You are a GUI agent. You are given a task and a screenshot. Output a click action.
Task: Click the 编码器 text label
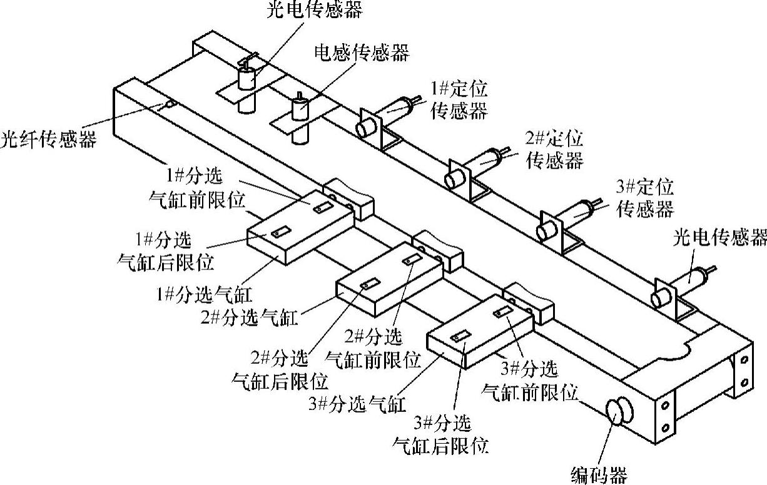[599, 475]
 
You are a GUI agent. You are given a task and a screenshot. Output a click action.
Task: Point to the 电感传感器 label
[361, 53]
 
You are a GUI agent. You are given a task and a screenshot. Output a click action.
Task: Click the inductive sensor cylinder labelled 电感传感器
[302, 106]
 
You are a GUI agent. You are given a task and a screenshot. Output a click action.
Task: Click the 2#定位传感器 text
[554, 148]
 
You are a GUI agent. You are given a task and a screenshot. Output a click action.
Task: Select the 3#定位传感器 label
[645, 197]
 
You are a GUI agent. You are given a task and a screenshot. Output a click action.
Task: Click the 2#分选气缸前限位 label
[373, 347]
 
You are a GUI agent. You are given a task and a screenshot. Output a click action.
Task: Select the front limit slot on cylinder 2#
[412, 259]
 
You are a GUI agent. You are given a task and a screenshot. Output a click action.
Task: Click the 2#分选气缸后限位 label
[280, 369]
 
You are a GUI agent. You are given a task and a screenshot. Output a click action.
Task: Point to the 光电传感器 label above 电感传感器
[314, 11]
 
